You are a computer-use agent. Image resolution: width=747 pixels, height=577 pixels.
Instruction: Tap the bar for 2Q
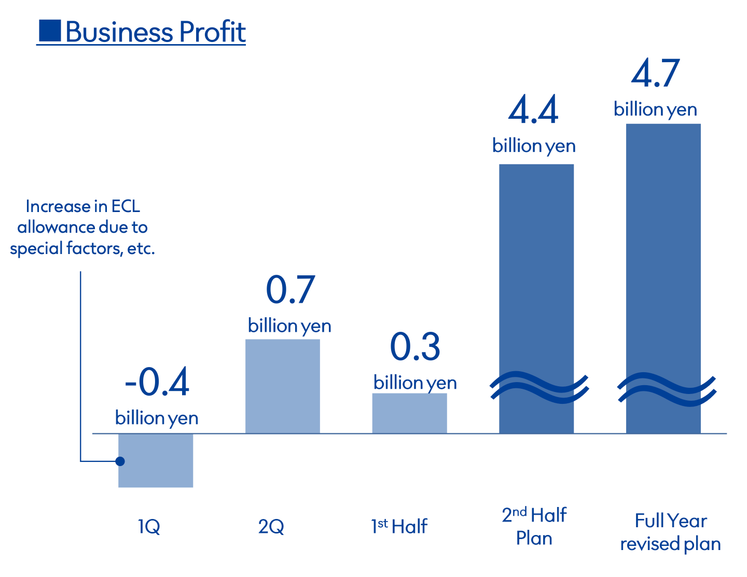coord(283,386)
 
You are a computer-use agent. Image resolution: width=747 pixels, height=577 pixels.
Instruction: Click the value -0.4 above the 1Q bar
coord(157,383)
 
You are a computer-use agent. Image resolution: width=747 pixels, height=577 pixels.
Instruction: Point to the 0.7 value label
coord(290,290)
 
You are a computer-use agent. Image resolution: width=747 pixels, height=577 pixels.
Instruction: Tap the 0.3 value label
coord(415,347)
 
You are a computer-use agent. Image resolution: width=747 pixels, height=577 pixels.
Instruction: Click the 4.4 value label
coord(533,110)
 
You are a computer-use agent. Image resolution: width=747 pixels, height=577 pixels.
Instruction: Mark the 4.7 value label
coord(655,74)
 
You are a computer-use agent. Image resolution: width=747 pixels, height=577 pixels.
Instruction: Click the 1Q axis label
coord(149,527)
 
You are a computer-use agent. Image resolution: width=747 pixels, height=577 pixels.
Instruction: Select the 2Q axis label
coord(271,527)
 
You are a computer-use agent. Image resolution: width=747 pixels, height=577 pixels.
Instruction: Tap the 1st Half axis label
coord(399,526)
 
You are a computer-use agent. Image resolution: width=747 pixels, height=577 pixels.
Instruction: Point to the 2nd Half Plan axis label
coord(534,527)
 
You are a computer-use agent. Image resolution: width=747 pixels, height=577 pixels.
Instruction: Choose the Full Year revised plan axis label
coord(671,532)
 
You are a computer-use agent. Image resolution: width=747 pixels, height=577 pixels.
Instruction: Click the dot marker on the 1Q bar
coord(120,461)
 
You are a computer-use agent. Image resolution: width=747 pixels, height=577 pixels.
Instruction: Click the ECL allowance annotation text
coord(83,228)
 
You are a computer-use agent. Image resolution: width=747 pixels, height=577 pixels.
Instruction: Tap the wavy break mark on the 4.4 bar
coord(539,387)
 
